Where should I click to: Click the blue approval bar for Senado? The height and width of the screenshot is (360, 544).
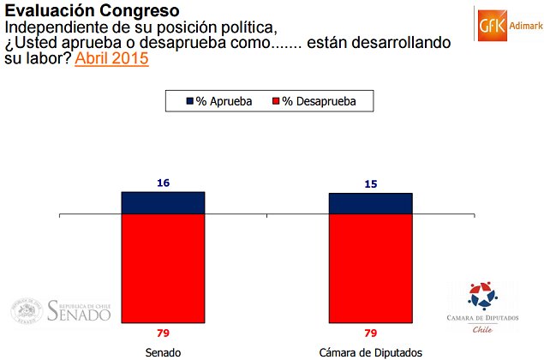[x=163, y=202]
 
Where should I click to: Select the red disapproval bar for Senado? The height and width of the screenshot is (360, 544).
[x=163, y=265]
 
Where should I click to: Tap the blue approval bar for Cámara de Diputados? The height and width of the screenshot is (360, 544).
[x=371, y=203]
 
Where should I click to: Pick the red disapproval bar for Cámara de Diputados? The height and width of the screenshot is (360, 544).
[x=371, y=265]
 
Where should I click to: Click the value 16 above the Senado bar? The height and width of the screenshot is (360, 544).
[x=163, y=183]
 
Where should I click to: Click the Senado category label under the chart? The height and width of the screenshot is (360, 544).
[x=163, y=351]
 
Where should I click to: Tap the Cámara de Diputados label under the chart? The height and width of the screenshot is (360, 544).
[x=371, y=351]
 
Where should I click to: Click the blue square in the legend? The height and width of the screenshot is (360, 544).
[x=189, y=101]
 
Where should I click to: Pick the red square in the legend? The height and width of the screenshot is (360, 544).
[x=276, y=101]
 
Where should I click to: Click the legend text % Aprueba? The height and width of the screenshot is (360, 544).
[x=224, y=101]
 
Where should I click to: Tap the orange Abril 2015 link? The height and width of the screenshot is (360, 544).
[x=111, y=59]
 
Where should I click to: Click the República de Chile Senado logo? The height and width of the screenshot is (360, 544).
[x=62, y=310]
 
